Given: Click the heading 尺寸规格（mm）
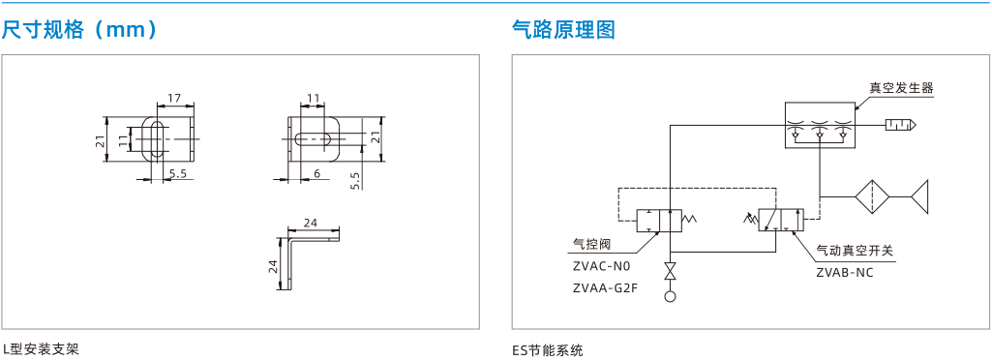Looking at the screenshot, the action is pos(79,29).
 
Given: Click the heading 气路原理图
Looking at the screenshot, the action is pos(563,29).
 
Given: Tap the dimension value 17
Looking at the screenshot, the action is pos(173,98).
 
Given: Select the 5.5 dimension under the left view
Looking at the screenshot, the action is pos(178,173).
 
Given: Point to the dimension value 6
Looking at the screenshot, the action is pos(316,173).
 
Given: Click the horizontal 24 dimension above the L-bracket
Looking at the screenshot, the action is pos(310,223).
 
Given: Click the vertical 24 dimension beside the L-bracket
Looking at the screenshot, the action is pos(273,266).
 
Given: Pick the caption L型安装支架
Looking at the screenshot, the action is pos(41,349).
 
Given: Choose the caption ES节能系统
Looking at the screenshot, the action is pos(548,349).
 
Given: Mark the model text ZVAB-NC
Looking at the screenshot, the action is pos(845,273).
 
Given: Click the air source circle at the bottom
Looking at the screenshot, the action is pos(670,295).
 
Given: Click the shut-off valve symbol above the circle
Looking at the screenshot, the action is pos(670,271).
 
